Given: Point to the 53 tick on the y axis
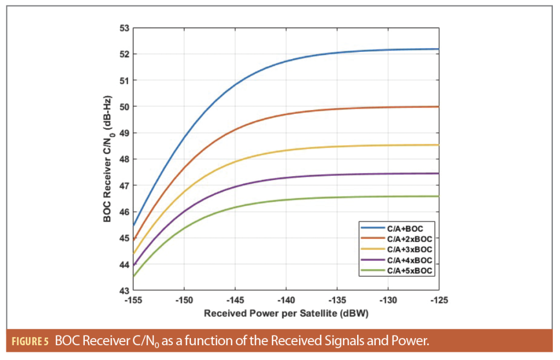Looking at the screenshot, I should tap(124, 28).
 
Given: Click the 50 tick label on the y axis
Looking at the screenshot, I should tap(124, 107).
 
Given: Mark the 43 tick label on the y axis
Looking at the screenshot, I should tap(124, 291).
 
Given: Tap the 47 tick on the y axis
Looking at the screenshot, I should tap(124, 185).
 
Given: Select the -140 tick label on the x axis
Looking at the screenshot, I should tap(286, 301).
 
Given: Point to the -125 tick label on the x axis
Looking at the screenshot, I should tap(439, 301).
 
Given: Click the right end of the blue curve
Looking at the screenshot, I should tap(439, 49).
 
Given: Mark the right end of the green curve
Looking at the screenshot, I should tap(439, 196).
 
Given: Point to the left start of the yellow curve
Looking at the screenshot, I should tap(133, 254).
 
